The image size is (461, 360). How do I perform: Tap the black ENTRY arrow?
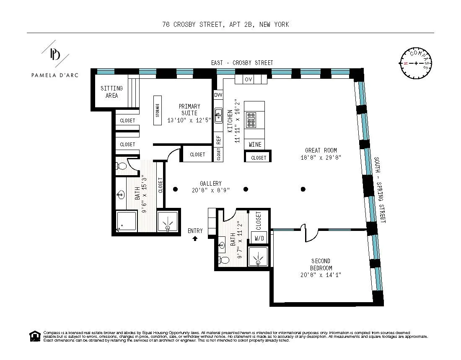(195, 238)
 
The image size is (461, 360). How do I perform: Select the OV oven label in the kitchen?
(248, 79)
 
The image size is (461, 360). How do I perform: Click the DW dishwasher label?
(218, 95)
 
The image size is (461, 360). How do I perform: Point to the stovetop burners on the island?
(251, 120)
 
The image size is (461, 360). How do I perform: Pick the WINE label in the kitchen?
(255, 145)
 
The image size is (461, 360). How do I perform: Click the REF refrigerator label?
(218, 140)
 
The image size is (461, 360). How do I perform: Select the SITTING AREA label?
(111, 92)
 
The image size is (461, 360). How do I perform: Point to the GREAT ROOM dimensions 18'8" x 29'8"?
(321, 158)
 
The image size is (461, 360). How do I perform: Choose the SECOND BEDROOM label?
(321, 264)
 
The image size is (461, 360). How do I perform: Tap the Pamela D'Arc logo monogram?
(54, 54)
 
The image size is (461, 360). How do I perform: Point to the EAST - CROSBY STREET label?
(242, 63)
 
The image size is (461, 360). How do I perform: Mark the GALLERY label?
(210, 184)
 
